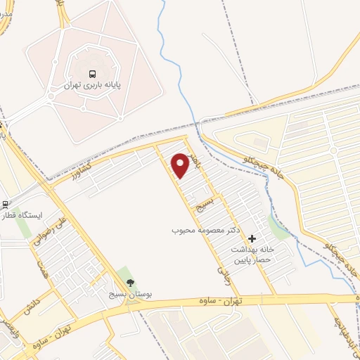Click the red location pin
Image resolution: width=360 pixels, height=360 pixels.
click(180, 165)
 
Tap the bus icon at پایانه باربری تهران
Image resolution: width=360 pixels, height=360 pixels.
click(91, 73)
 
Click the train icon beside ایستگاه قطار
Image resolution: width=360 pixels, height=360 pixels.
click(6, 205)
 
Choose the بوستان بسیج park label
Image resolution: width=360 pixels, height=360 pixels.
click(127, 295)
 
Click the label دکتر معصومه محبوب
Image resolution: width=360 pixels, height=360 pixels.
click(209, 230)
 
